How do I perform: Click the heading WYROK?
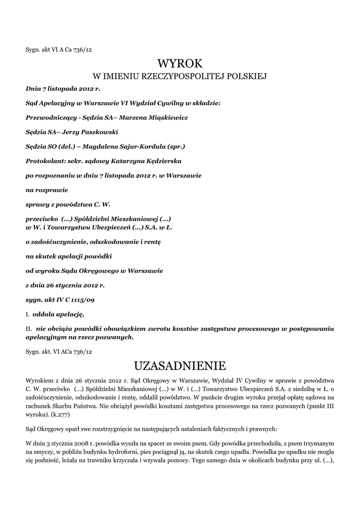180,64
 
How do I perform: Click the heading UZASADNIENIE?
180,366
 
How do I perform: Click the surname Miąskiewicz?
164,118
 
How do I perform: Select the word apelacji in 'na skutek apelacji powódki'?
72,256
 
